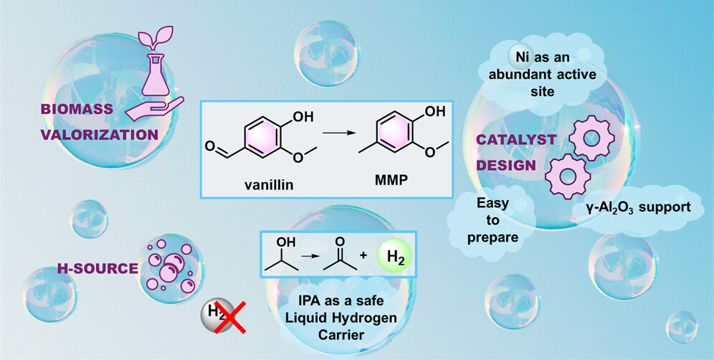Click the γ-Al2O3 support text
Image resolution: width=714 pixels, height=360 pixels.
632,208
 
